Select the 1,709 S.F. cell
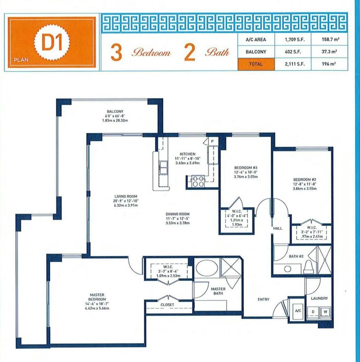tap(293, 40)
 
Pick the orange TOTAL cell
tap(256, 64)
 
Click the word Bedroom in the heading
tap(151, 53)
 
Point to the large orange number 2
tap(190, 53)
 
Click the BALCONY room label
tap(115, 112)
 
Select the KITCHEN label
tap(188, 154)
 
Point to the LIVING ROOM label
tap(126, 196)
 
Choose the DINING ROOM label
tap(178, 214)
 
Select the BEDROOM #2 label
tap(305, 180)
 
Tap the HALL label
tap(278, 228)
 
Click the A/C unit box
tap(298, 311)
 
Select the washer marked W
tap(325, 312)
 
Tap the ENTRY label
tap(263, 299)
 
